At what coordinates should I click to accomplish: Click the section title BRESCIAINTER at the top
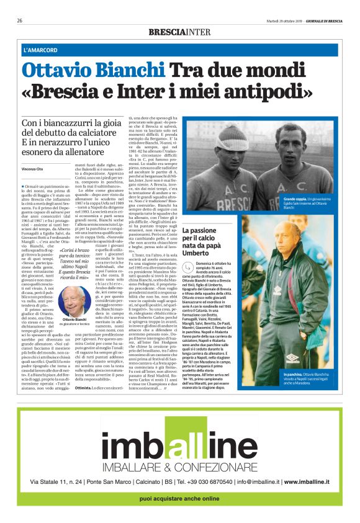tap(180, 32)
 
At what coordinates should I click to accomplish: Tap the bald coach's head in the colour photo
tap(274, 231)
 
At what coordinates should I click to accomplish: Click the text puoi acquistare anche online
tap(179, 499)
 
